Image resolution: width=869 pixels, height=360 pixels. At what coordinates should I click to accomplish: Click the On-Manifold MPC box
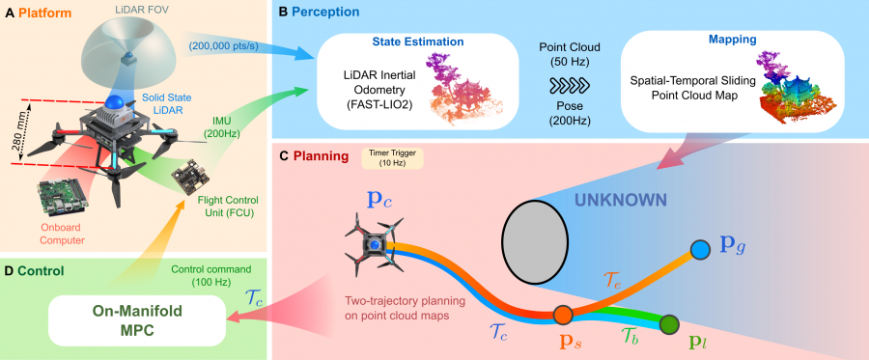[x=137, y=320]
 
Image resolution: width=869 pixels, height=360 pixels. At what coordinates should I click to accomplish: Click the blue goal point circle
[x=700, y=250]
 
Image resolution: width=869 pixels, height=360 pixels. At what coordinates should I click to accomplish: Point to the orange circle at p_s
[x=563, y=314]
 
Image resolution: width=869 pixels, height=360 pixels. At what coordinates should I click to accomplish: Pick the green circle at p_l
[x=669, y=324]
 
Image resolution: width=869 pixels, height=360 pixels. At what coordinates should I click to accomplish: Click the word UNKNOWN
[x=620, y=199]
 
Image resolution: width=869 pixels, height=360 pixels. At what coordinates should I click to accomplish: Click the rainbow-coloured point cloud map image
[x=794, y=92]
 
